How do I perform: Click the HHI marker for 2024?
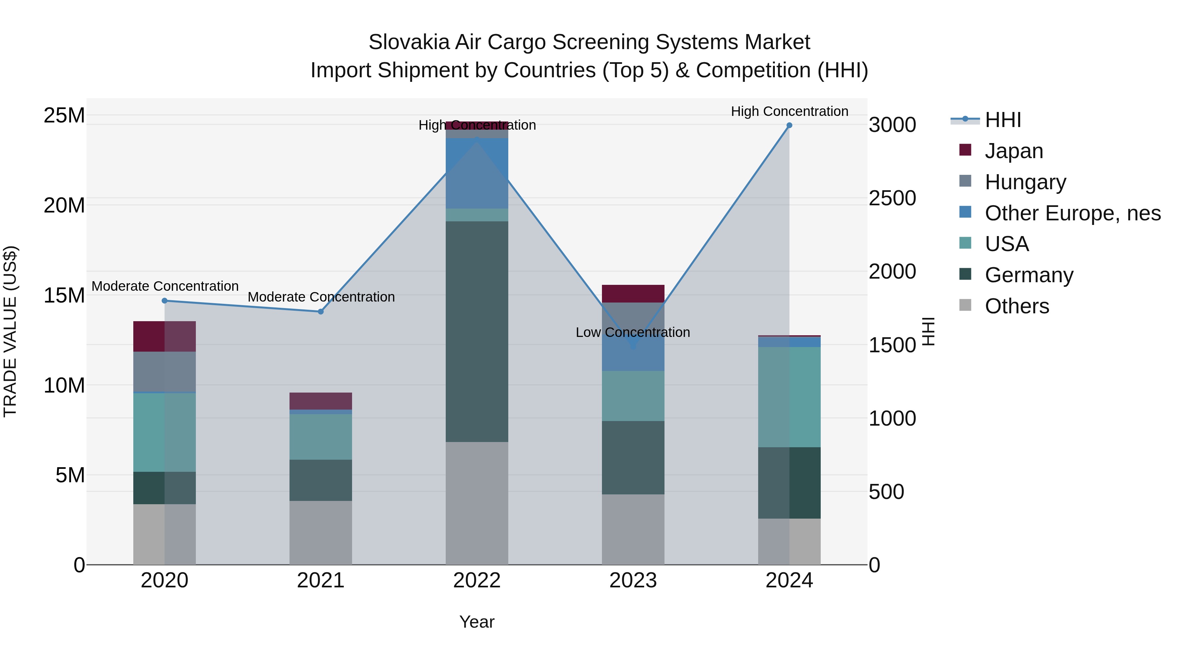[789, 125]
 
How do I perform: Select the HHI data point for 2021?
[321, 312]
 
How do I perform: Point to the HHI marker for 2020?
[165, 301]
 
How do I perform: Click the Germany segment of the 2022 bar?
[477, 331]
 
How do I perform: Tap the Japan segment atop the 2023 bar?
[633, 294]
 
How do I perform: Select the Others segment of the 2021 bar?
[321, 533]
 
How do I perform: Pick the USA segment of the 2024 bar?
[789, 397]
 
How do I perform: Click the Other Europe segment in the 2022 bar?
[477, 174]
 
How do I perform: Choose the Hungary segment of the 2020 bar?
[165, 372]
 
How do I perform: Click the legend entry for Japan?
[1013, 151]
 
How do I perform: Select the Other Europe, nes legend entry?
[1072, 213]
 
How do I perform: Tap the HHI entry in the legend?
[1002, 120]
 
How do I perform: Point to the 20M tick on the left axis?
[64, 205]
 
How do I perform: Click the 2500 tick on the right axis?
[892, 199]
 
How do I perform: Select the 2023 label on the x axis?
[633, 580]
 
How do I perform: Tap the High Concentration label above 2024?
[789, 111]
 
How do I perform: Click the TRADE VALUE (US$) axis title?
[10, 331]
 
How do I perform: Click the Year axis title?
[477, 622]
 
